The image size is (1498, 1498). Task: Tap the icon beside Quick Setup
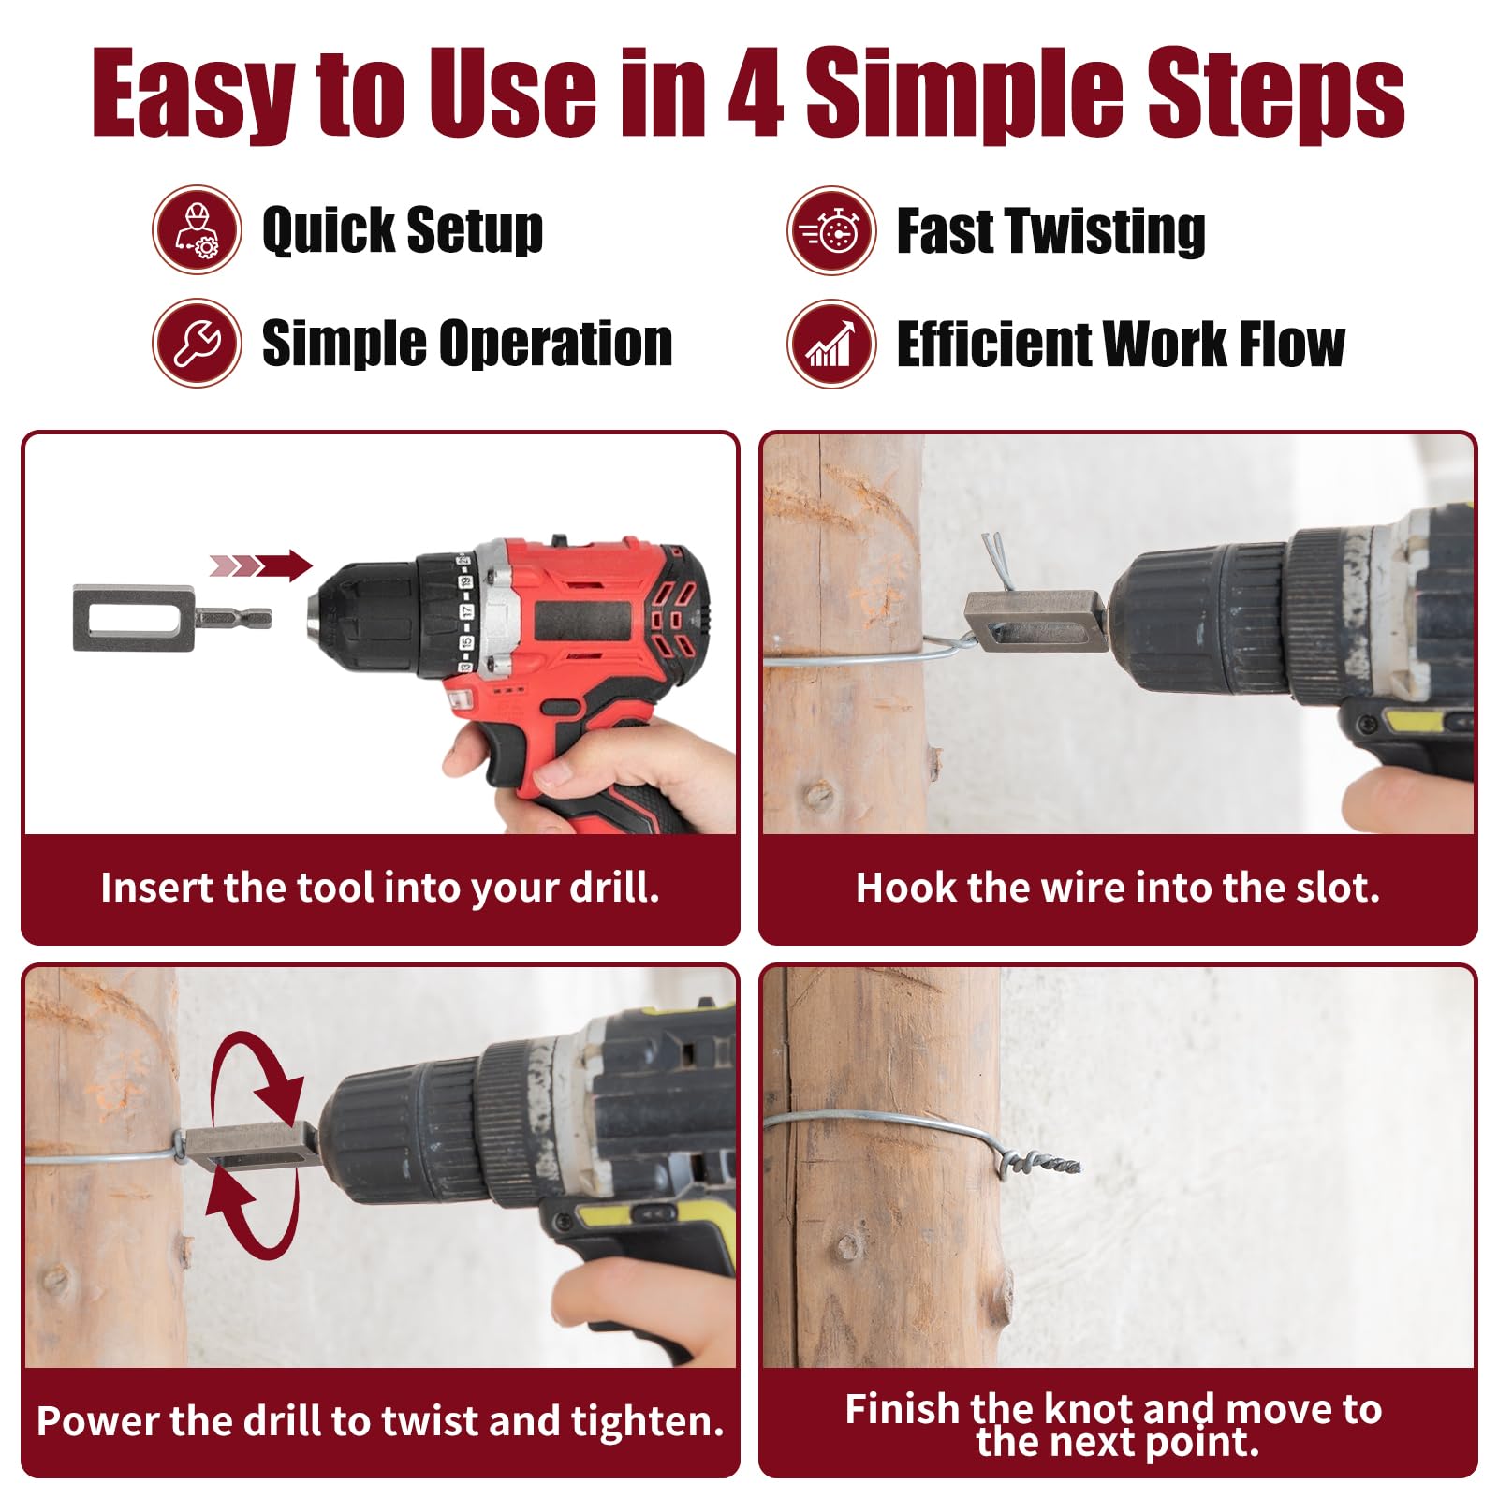[x=198, y=229]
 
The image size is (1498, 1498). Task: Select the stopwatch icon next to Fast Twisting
[x=831, y=230]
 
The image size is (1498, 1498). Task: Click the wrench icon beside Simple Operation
[x=198, y=343]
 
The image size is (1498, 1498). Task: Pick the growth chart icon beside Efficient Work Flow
[x=831, y=344]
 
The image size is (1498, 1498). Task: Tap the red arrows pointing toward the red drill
[x=260, y=565]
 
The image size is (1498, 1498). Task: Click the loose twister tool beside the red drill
[x=172, y=618]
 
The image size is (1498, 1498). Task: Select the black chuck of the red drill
[x=365, y=616]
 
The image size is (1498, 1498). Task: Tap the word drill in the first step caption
[x=614, y=888]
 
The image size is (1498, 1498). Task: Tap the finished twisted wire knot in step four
[x=1039, y=1164]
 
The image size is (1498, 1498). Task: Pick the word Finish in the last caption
[x=903, y=1408]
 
